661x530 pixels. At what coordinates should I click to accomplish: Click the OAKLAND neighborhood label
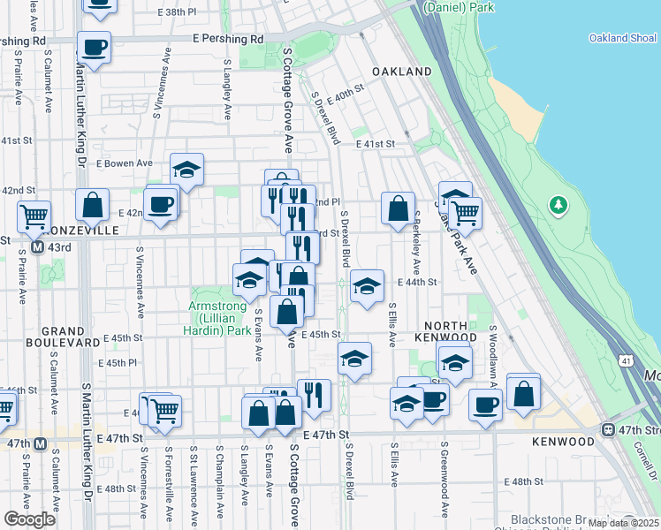tap(401, 72)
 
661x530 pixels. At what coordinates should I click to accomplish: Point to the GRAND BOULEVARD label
tap(50, 333)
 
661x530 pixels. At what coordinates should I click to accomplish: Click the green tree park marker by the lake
tap(558, 206)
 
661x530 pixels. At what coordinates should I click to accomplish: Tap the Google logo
tap(29, 519)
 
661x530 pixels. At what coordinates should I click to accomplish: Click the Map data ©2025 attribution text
tap(624, 523)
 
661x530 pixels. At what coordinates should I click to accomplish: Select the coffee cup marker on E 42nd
tap(161, 203)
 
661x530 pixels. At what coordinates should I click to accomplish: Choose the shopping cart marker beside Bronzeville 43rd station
tap(34, 214)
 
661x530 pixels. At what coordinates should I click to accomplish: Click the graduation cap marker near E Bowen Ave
tap(186, 169)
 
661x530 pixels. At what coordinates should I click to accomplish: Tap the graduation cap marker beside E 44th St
tap(367, 285)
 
